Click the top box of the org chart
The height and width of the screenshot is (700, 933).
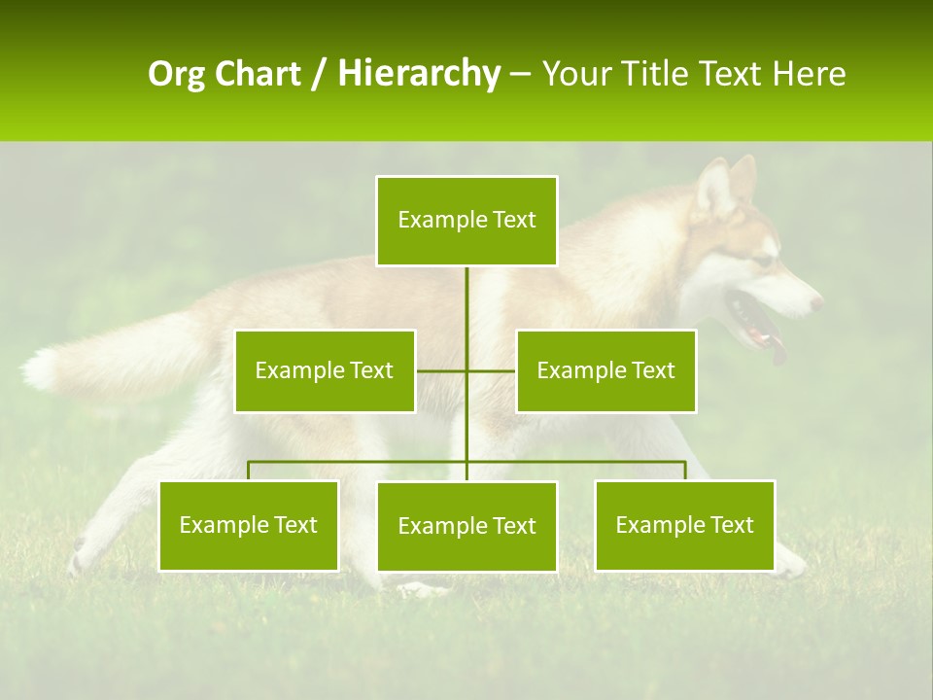[466, 221]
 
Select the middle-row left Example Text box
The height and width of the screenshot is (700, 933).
[325, 370]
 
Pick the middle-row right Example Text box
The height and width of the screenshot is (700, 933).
[605, 370]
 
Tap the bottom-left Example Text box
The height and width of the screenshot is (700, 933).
[249, 525]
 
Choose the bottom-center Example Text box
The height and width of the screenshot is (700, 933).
[466, 526]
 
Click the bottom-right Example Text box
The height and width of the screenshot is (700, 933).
[684, 525]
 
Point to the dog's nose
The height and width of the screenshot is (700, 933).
[816, 303]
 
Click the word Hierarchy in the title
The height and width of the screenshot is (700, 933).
[419, 73]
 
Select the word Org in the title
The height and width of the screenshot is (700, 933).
[178, 74]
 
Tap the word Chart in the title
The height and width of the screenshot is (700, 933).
[259, 74]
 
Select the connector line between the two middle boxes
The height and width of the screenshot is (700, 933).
[466, 370]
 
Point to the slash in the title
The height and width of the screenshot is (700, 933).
[319, 74]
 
